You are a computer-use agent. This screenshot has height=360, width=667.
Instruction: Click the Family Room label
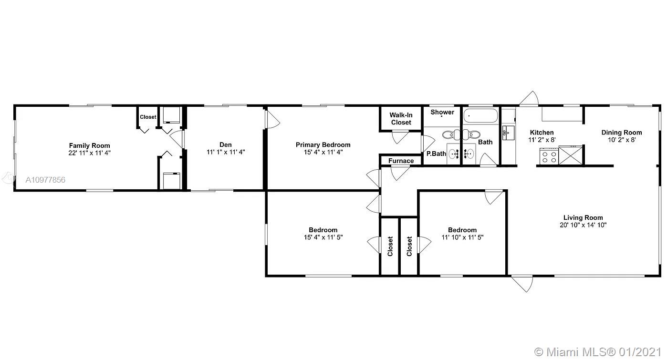pos(89,145)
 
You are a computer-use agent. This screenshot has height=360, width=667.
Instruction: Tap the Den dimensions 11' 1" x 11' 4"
pos(226,152)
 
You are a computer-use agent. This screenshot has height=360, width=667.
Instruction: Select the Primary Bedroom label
pos(323,145)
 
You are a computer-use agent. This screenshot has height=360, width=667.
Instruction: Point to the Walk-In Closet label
pos(401,119)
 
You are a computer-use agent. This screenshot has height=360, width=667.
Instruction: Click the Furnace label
pos(401,161)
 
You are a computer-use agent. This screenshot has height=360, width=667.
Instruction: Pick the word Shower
pos(442,112)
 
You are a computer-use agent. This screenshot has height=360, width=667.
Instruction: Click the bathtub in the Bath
pos(480,116)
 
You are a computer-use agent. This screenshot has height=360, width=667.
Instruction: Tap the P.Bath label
pos(436,154)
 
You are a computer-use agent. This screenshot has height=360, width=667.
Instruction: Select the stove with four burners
pos(549,156)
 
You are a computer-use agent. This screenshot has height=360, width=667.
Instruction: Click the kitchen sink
pos(508,133)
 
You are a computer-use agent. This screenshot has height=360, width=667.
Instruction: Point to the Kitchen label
pos(542,133)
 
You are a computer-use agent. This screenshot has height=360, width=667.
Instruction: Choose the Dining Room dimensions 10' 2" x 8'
pos(622,140)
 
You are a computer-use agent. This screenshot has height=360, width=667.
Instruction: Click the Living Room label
pos(583,218)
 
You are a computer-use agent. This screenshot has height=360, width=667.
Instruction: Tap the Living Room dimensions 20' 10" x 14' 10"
pos(583,225)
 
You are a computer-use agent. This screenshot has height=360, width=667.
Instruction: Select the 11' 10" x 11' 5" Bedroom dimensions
pos(462,237)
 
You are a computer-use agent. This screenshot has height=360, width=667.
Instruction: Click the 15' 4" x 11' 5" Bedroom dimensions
pos(323,237)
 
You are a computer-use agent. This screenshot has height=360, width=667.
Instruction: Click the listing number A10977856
pos(45,180)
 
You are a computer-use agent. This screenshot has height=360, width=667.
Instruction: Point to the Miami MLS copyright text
pos(598,352)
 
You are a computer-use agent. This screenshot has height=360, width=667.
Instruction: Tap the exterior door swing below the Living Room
pos(522,284)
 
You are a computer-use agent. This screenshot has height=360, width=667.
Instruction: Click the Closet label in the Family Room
pos(148,117)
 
